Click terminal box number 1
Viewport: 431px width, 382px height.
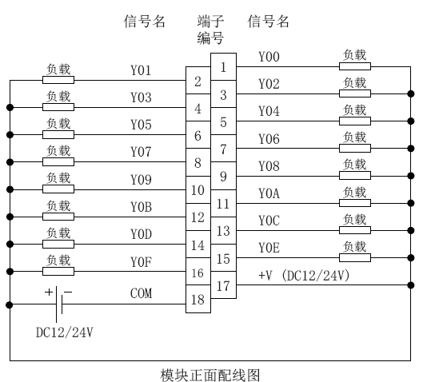point(223,67)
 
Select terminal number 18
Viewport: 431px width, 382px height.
point(198,299)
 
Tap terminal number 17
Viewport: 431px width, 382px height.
point(223,285)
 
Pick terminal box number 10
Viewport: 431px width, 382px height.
point(198,189)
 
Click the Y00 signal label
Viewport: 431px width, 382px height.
point(269,57)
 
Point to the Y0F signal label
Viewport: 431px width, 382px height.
point(141,261)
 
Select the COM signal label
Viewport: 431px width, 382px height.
point(141,293)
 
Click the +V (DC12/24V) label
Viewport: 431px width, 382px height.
point(304,275)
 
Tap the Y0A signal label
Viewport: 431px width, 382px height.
point(269,193)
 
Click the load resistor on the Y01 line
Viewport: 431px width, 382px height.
point(58,80)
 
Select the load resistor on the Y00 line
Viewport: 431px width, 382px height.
point(355,66)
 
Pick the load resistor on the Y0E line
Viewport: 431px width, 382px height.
point(355,257)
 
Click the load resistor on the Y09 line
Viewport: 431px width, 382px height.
point(58,189)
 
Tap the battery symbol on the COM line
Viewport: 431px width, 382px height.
point(59,304)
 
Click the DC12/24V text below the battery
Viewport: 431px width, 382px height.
point(65,332)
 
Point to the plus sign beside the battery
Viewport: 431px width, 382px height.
point(49,292)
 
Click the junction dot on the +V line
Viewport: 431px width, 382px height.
point(411,285)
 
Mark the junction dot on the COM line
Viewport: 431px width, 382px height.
point(10,304)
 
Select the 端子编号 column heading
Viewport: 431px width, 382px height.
point(210,30)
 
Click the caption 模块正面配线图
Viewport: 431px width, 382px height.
point(210,375)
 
